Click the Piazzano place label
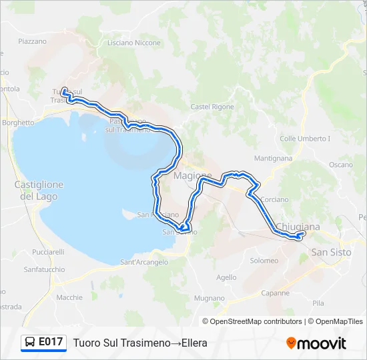(33, 41)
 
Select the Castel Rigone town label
(212, 107)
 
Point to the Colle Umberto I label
(305, 139)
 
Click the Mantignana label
(273, 159)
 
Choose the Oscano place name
(340, 165)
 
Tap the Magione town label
(192, 176)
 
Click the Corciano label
(275, 199)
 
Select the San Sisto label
(332, 252)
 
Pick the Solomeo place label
(264, 261)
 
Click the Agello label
(226, 277)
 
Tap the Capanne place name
(275, 293)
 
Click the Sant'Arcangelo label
(144, 262)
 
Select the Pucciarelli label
(48, 253)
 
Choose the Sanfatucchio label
(44, 269)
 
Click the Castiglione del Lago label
(39, 191)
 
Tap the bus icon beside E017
(30, 343)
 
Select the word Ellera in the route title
(194, 343)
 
